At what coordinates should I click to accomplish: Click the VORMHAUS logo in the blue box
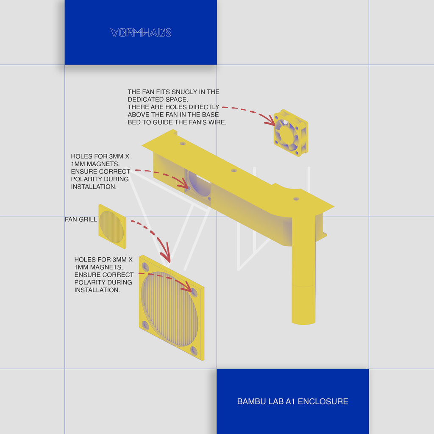coord(141,33)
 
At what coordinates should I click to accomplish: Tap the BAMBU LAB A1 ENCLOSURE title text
coord(292,401)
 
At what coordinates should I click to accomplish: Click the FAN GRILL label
coord(81,220)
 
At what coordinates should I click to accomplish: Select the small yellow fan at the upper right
coord(291,133)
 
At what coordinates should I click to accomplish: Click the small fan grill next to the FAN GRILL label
coord(112,226)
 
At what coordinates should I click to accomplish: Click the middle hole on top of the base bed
coord(234,170)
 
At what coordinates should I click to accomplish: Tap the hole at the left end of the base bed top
coord(183,144)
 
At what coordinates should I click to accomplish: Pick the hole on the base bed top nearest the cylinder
coord(296,198)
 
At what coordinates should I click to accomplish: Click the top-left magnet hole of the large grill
coord(145,267)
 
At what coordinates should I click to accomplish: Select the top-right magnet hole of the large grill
coord(194,292)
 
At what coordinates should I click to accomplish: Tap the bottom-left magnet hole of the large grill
coord(145,325)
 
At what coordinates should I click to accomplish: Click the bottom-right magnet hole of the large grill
coord(194,351)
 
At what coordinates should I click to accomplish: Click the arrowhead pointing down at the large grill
coord(166,257)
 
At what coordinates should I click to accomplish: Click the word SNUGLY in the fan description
coord(186,92)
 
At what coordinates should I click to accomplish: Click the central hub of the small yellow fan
coord(287,135)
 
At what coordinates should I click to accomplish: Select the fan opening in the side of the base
coord(199,186)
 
